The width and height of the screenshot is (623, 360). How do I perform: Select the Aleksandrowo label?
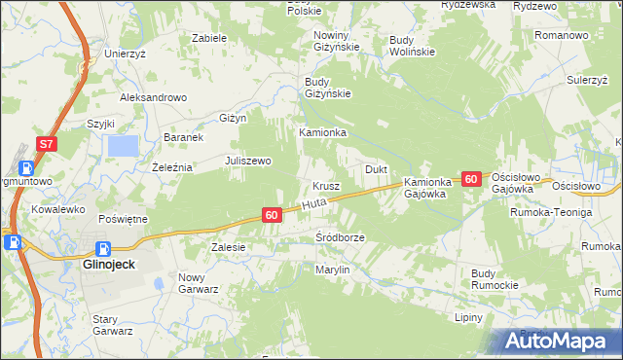pyautogui.click(x=153, y=97)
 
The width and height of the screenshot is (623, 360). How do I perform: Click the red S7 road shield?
pyautogui.click(x=47, y=144)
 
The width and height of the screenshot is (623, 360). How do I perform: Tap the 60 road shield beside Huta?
pyautogui.click(x=272, y=214)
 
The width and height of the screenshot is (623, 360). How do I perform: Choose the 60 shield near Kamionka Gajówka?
pyautogui.click(x=471, y=179)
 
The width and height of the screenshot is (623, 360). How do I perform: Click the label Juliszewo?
pyautogui.click(x=248, y=161)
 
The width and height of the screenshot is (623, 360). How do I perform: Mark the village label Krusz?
pyautogui.click(x=326, y=186)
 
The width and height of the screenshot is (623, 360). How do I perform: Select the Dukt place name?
pyautogui.click(x=377, y=169)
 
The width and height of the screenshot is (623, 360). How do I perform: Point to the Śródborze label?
pyautogui.click(x=340, y=237)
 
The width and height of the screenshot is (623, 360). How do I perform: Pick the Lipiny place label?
pyautogui.click(x=470, y=317)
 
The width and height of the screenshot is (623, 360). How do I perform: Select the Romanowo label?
pyautogui.click(x=563, y=34)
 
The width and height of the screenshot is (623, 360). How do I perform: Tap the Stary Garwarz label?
pyautogui.click(x=112, y=324)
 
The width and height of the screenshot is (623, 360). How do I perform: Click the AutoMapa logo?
pyautogui.click(x=557, y=341)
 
